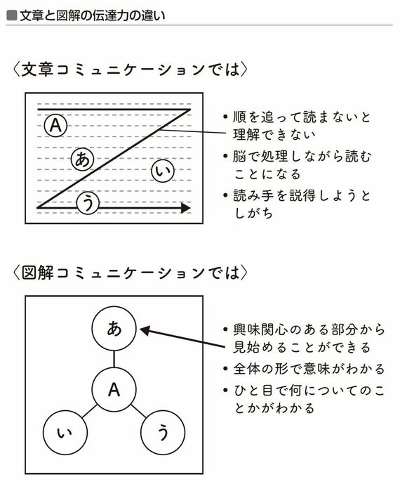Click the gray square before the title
pyautogui.click(x=11, y=15)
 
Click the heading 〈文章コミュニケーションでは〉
pyautogui.click(x=130, y=69)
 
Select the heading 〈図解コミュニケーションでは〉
pyautogui.click(x=130, y=273)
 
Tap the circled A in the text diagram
pyautogui.click(x=55, y=126)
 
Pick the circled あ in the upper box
pyautogui.click(x=82, y=159)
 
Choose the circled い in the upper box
pyautogui.click(x=163, y=171)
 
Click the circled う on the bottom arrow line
pyautogui.click(x=88, y=203)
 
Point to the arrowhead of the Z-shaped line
pyautogui.click(x=186, y=208)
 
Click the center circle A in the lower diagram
pyautogui.click(x=114, y=389)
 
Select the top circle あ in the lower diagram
pyautogui.click(x=114, y=329)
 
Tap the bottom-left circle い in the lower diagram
pyautogui.click(x=65, y=433)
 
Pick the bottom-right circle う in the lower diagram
pyautogui.click(x=163, y=433)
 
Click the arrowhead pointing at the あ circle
pyautogui.click(x=145, y=331)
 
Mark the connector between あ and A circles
pyautogui.click(x=114, y=359)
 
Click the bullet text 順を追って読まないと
pyautogui.click(x=301, y=117)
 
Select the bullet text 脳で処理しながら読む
pyautogui.click(x=302, y=157)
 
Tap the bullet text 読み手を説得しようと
pyautogui.click(x=301, y=196)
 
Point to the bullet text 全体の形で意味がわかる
pyautogui.click(x=309, y=369)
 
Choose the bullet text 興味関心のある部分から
pyautogui.click(x=309, y=329)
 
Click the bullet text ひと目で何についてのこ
pyautogui.click(x=309, y=391)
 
